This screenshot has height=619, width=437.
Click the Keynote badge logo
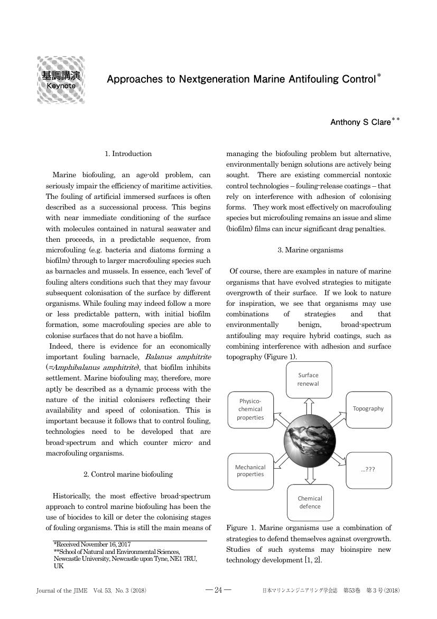[61, 79]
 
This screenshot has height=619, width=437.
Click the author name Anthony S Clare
[361, 122]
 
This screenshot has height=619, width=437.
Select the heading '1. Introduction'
[128, 154]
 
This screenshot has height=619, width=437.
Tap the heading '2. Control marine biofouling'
[128, 474]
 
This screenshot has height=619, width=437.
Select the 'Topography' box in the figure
[368, 409]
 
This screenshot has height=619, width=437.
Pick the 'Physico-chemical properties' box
[250, 409]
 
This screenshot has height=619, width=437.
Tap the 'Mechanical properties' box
[250, 470]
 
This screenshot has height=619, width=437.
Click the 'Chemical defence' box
[310, 503]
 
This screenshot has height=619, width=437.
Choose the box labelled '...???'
[368, 470]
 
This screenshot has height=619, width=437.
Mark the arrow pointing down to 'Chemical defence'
[310, 475]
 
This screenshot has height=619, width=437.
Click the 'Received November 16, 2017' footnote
[92, 544]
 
